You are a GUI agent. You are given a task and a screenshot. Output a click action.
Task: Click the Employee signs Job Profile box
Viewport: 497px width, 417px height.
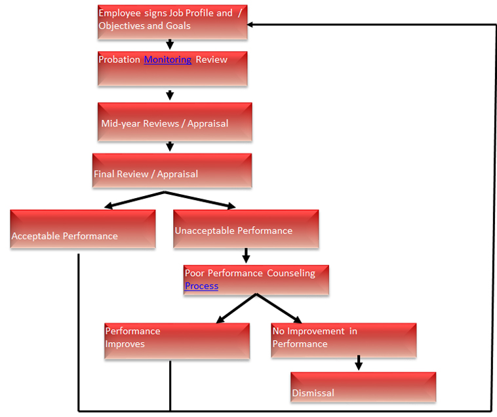(x=172, y=22)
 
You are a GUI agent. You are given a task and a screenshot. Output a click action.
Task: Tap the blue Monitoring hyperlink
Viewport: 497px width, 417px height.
(x=168, y=60)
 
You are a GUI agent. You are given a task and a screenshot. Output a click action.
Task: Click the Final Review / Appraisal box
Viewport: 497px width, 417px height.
(x=172, y=171)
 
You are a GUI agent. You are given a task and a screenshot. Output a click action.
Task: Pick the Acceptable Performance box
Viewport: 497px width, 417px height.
(x=83, y=229)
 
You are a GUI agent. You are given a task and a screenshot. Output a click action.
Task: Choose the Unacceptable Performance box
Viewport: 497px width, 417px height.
(x=246, y=229)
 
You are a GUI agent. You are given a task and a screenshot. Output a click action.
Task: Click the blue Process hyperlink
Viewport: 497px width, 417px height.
(x=201, y=287)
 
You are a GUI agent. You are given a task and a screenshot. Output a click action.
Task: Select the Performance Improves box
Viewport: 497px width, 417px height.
(x=177, y=341)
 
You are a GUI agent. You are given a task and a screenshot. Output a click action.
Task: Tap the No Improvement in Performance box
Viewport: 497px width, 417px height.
(x=344, y=340)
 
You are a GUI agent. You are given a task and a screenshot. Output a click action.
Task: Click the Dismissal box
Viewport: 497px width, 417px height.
(x=363, y=387)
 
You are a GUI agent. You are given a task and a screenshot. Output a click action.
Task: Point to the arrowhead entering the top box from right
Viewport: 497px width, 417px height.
(x=252, y=25)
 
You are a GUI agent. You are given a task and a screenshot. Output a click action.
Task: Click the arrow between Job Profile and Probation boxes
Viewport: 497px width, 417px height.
(x=170, y=45)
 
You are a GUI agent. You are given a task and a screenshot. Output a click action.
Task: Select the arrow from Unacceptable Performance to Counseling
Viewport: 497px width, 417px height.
(x=246, y=255)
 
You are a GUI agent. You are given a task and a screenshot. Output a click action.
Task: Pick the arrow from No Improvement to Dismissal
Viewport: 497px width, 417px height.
(x=359, y=363)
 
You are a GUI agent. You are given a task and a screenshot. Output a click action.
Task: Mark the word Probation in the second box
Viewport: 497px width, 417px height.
(x=119, y=60)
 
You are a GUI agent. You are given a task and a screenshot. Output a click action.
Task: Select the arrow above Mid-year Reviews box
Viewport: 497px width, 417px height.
(x=170, y=95)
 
